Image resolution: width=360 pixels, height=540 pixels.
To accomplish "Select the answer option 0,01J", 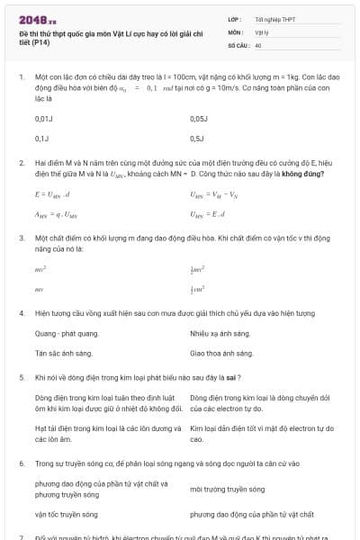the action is [44, 118].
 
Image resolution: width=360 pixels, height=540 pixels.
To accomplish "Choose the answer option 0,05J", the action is [200, 118].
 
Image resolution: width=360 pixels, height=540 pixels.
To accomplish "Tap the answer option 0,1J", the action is [42, 139].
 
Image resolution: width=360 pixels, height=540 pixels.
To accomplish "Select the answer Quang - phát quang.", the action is [67, 333].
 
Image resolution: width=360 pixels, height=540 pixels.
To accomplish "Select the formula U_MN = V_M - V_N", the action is [215, 193].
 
